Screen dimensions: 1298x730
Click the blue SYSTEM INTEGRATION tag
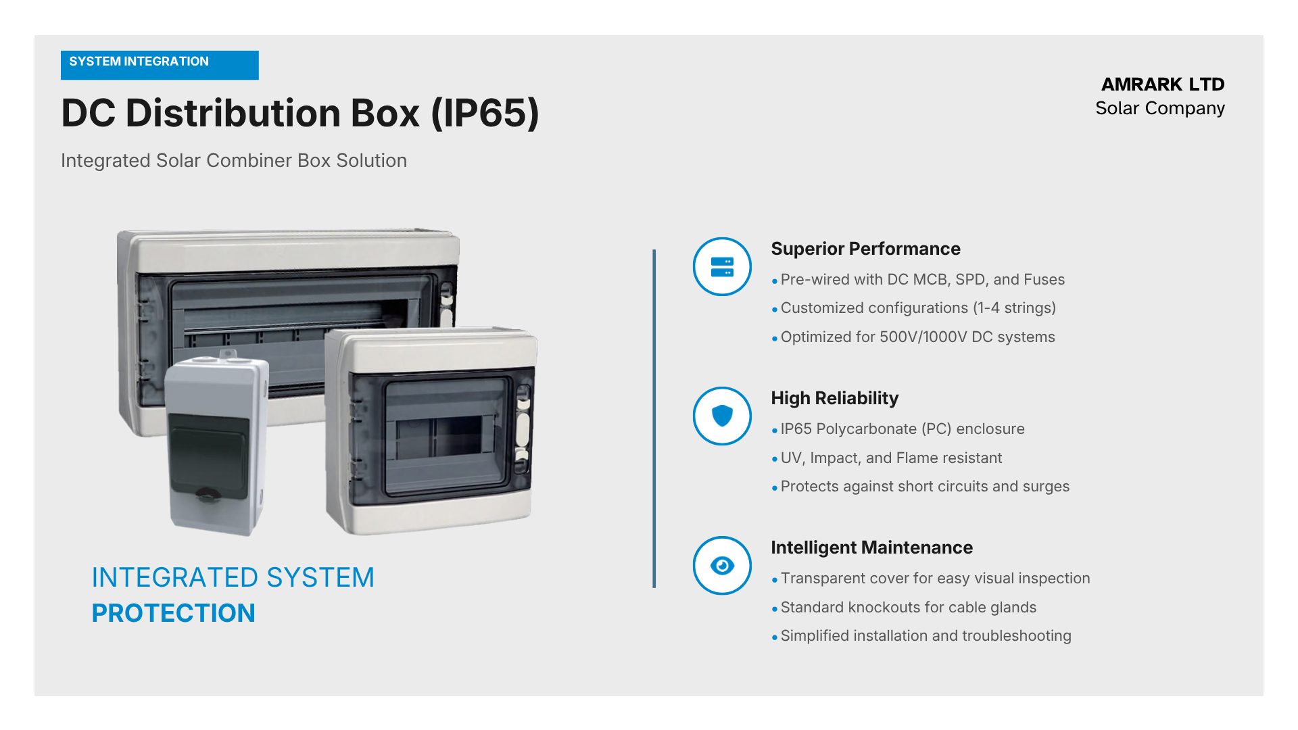click(160, 65)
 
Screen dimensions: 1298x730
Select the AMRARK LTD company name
click(1163, 84)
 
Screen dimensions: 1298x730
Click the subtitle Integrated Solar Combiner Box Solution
click(234, 161)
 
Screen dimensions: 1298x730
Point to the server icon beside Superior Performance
click(722, 267)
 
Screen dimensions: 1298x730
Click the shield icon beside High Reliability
click(722, 416)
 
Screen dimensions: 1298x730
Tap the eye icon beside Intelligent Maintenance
click(722, 566)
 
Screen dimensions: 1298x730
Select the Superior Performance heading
click(865, 249)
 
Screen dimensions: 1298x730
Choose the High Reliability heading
click(835, 398)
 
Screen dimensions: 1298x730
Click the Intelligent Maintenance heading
click(872, 547)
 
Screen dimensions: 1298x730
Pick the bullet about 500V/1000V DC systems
click(913, 337)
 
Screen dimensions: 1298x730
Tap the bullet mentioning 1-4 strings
click(914, 308)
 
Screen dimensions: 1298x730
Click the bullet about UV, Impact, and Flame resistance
click(887, 458)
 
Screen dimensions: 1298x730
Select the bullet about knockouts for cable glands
click(904, 608)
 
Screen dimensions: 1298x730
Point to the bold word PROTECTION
click(174, 613)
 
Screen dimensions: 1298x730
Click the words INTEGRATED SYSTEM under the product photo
click(233, 578)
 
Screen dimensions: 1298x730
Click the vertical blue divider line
click(654, 419)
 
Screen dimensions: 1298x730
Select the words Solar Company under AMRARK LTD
click(1160, 109)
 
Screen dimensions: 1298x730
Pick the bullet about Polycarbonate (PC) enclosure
click(898, 429)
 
